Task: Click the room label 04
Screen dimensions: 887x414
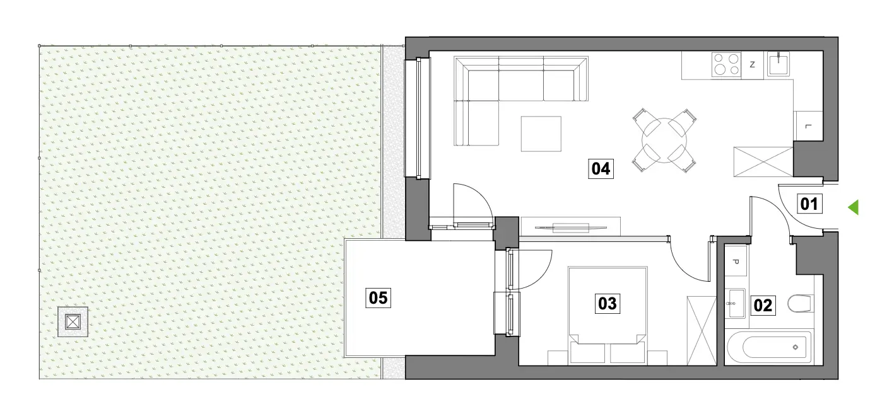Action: click(601, 169)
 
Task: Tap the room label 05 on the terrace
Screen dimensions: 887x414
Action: click(378, 298)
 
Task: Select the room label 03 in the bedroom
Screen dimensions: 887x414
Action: click(608, 304)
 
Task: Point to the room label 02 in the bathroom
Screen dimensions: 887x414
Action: click(763, 306)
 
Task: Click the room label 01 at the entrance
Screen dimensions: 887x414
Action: click(809, 204)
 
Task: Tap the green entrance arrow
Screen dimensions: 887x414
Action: click(853, 207)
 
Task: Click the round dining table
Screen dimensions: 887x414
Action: click(664, 141)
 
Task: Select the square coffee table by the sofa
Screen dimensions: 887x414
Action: click(541, 134)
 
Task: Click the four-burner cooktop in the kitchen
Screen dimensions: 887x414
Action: click(726, 64)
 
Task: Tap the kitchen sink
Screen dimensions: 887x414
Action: click(778, 64)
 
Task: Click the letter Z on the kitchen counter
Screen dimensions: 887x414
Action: click(753, 64)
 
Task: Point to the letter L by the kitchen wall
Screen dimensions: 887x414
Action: click(808, 127)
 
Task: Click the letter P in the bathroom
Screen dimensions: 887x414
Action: click(736, 262)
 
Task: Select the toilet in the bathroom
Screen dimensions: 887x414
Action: click(800, 304)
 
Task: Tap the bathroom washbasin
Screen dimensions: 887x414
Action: click(736, 303)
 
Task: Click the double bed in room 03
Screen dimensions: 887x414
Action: click(608, 316)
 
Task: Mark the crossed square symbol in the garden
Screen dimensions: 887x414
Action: click(73, 322)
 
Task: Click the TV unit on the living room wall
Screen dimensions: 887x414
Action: click(570, 227)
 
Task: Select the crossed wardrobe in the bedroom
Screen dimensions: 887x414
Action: click(702, 331)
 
